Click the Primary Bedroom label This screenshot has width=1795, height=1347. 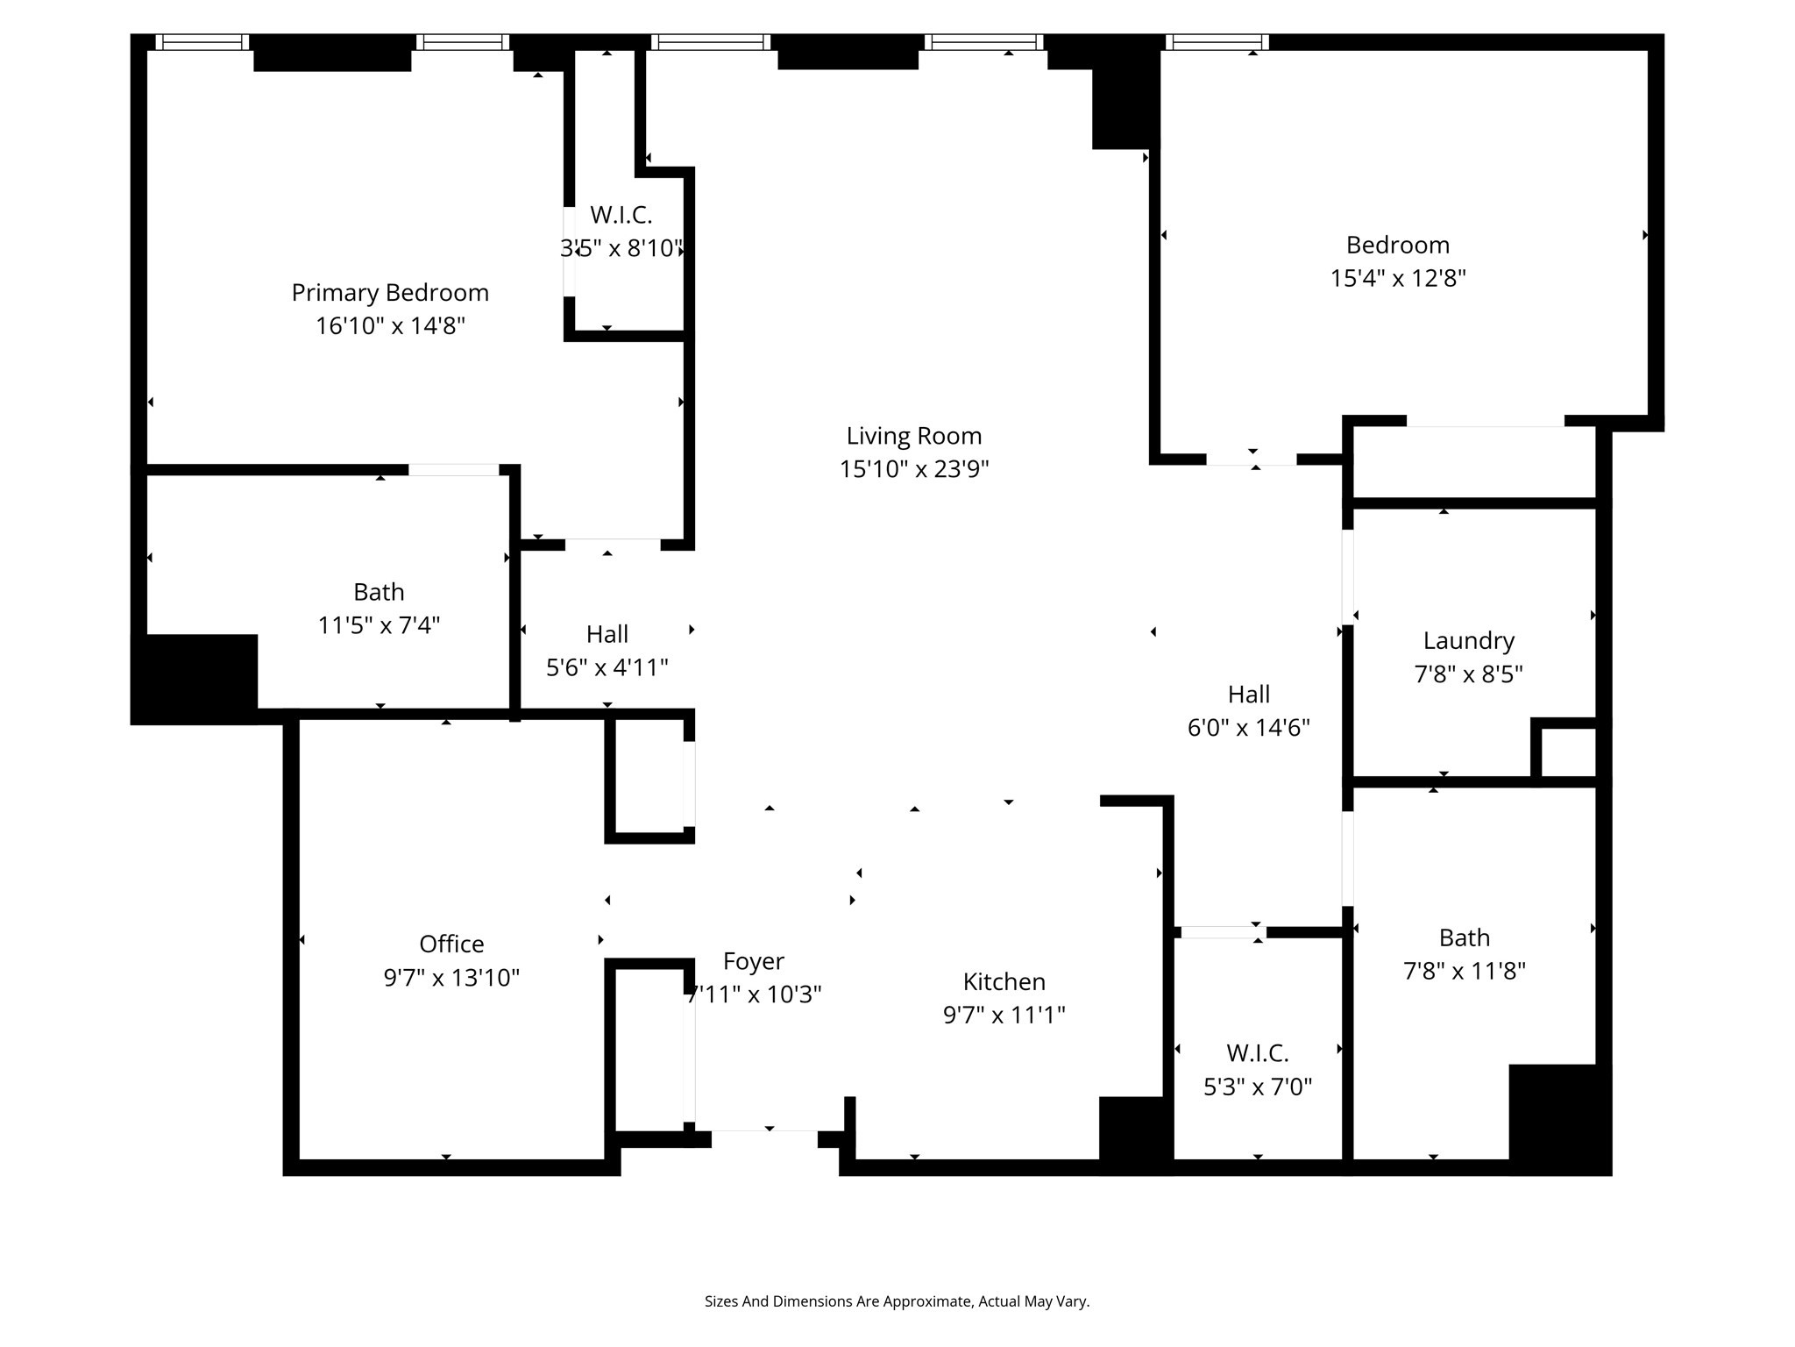(390, 292)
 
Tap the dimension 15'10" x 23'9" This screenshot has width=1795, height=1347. (914, 469)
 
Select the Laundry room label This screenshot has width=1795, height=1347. (1468, 641)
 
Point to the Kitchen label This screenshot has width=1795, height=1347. (1004, 981)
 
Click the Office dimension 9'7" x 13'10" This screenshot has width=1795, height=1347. (451, 978)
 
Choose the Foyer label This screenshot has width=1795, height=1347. (753, 962)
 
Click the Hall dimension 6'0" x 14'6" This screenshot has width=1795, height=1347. (1248, 728)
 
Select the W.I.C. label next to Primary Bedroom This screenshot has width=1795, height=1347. (621, 215)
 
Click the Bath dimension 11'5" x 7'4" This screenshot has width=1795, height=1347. (379, 625)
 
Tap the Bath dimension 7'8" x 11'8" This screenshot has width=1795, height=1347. (1464, 971)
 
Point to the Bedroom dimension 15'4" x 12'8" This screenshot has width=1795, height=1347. (1398, 278)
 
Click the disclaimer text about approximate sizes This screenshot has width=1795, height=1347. (897, 1301)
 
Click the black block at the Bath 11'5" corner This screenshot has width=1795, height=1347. (195, 678)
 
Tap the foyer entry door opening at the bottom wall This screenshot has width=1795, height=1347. (764, 1137)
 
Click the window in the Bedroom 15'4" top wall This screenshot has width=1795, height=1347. (1217, 42)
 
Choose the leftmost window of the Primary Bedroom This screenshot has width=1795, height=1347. (202, 42)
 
